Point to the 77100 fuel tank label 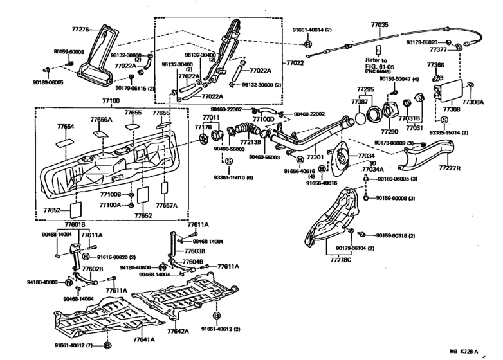click(x=111, y=101)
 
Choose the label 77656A click(x=101, y=120)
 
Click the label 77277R click(x=451, y=168)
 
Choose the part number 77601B click(x=75, y=224)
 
